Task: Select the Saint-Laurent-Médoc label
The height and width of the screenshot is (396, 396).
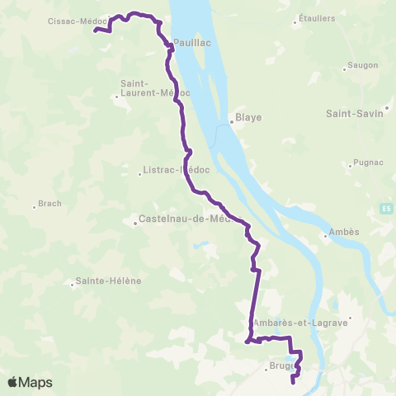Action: point(154,87)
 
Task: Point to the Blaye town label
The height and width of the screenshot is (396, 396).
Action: point(248,117)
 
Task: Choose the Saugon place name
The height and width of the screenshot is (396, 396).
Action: point(363,65)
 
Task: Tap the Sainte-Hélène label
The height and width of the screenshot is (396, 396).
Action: point(108,280)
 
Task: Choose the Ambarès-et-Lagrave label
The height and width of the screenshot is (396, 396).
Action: point(301,323)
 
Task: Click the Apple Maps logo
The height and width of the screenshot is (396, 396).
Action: point(30,382)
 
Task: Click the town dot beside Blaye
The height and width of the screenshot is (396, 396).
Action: point(231,124)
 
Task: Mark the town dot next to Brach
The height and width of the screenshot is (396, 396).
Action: point(34,205)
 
